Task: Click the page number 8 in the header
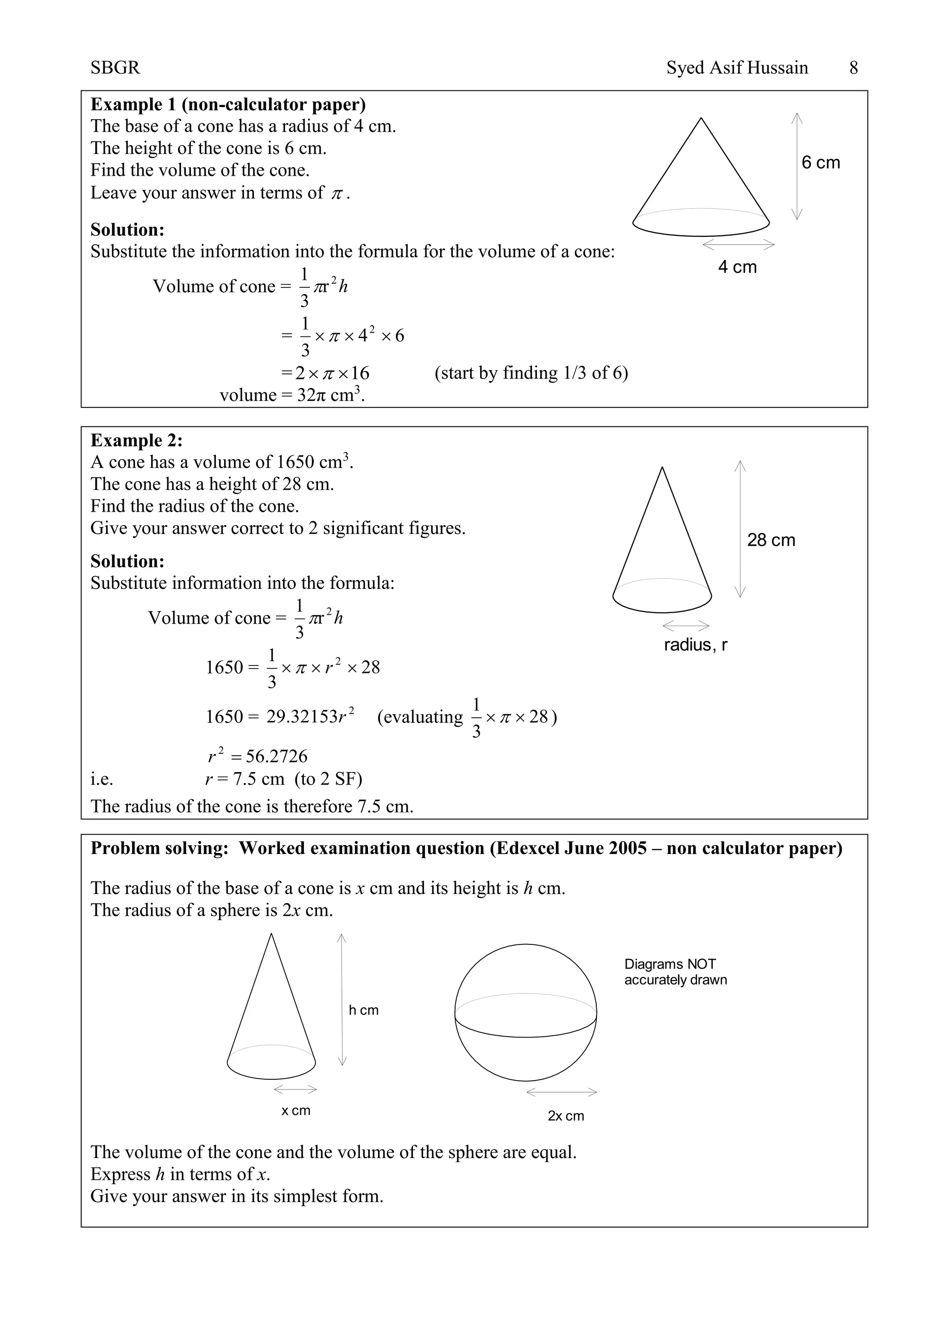(x=853, y=69)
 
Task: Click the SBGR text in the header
(x=115, y=69)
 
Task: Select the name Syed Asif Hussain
(x=737, y=69)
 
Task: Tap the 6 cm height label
(x=821, y=163)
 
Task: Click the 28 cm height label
(x=771, y=540)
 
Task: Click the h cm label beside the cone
(x=363, y=1010)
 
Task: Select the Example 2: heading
(x=136, y=440)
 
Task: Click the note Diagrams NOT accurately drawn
(x=675, y=972)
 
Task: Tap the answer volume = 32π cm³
(x=292, y=395)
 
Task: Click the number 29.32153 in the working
(x=302, y=716)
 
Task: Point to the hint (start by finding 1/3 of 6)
(x=531, y=373)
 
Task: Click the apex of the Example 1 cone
(x=701, y=119)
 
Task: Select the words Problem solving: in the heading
(x=159, y=848)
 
